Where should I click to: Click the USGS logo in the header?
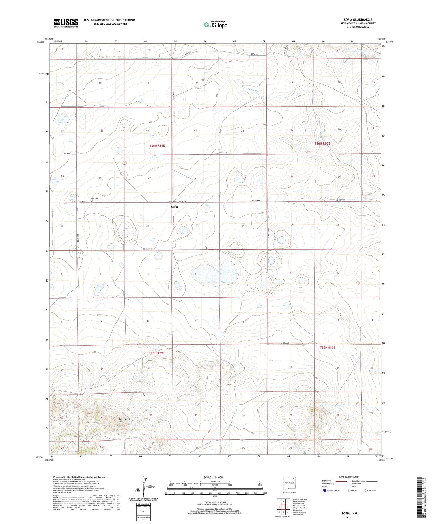[66, 23]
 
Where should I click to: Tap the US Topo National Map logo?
[215, 25]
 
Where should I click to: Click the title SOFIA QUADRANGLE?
[358, 20]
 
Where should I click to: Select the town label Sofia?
[174, 207]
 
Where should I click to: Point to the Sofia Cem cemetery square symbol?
[90, 201]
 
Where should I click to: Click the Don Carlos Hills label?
[124, 420]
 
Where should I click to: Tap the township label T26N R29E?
[157, 146]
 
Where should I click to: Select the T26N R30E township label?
[322, 143]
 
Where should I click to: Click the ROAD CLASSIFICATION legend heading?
[349, 477]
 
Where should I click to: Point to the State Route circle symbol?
[364, 490]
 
